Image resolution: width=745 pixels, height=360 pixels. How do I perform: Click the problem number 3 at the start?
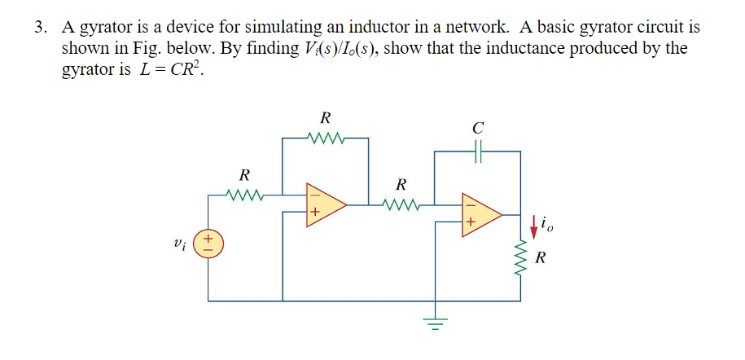38,28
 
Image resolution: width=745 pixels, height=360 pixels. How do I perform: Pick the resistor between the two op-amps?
401,204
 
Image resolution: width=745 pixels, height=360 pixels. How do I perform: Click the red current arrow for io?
533,221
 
